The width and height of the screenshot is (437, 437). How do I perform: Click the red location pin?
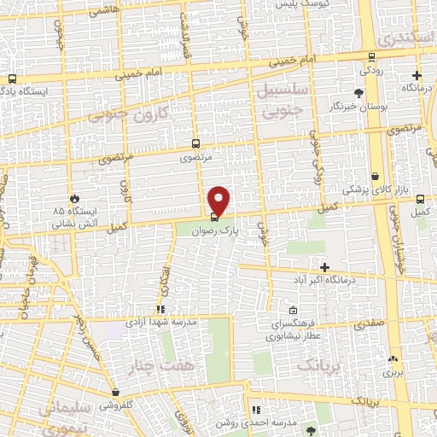click(219, 199)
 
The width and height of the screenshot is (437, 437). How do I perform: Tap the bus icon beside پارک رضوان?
click(213, 217)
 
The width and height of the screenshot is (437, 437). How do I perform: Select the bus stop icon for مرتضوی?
click(196, 144)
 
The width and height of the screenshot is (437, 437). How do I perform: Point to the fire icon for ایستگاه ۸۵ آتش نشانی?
click(76, 198)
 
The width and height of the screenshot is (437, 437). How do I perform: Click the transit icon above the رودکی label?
click(370, 58)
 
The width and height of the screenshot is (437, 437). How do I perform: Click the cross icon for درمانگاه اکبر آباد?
click(323, 268)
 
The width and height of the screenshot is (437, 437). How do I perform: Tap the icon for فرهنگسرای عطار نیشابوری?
click(293, 311)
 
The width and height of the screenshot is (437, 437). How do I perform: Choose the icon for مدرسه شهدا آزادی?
click(159, 310)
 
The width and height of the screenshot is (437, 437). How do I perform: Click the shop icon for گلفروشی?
click(115, 393)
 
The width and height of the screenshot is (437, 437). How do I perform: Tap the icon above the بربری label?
click(392, 359)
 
